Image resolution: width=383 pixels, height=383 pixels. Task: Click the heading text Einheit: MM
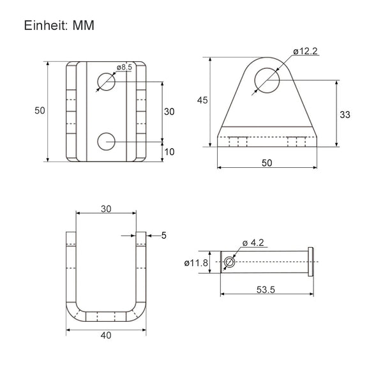[59, 26]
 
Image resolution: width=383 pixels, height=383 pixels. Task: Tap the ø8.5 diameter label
[124, 67]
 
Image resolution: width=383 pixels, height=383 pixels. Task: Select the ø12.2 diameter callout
[305, 51]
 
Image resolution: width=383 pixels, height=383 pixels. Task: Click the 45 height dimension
[202, 100]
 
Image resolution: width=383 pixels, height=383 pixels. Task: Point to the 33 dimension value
[345, 114]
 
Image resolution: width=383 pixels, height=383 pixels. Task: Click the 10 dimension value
[169, 152]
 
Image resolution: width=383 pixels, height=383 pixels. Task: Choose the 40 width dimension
[106, 335]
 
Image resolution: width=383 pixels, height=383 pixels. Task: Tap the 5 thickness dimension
[164, 236]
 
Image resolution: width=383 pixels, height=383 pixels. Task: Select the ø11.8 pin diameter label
[196, 263]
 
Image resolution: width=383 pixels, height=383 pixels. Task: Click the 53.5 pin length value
[266, 290]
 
